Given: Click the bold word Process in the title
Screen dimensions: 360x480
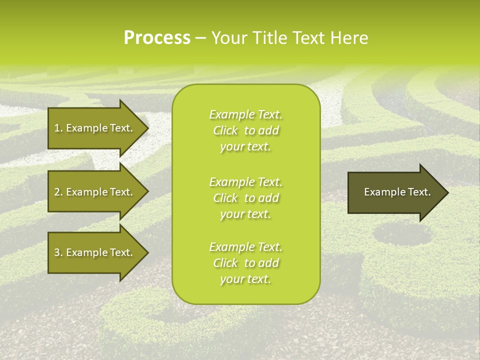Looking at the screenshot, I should click(x=157, y=38).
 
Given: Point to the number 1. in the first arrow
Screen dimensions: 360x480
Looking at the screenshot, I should click(x=58, y=128).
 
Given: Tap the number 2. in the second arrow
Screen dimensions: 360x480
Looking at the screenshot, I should click(x=58, y=192).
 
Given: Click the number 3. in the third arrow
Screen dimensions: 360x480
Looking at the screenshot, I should click(x=58, y=252).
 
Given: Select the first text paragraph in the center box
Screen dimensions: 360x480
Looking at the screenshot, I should click(x=245, y=130).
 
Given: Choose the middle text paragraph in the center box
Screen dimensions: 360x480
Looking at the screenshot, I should click(x=245, y=198).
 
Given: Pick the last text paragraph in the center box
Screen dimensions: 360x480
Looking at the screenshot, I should click(x=245, y=263).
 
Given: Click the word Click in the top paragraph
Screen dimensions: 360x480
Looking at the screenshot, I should click(x=225, y=130).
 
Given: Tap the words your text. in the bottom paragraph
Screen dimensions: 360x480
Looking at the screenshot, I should click(x=245, y=279).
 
